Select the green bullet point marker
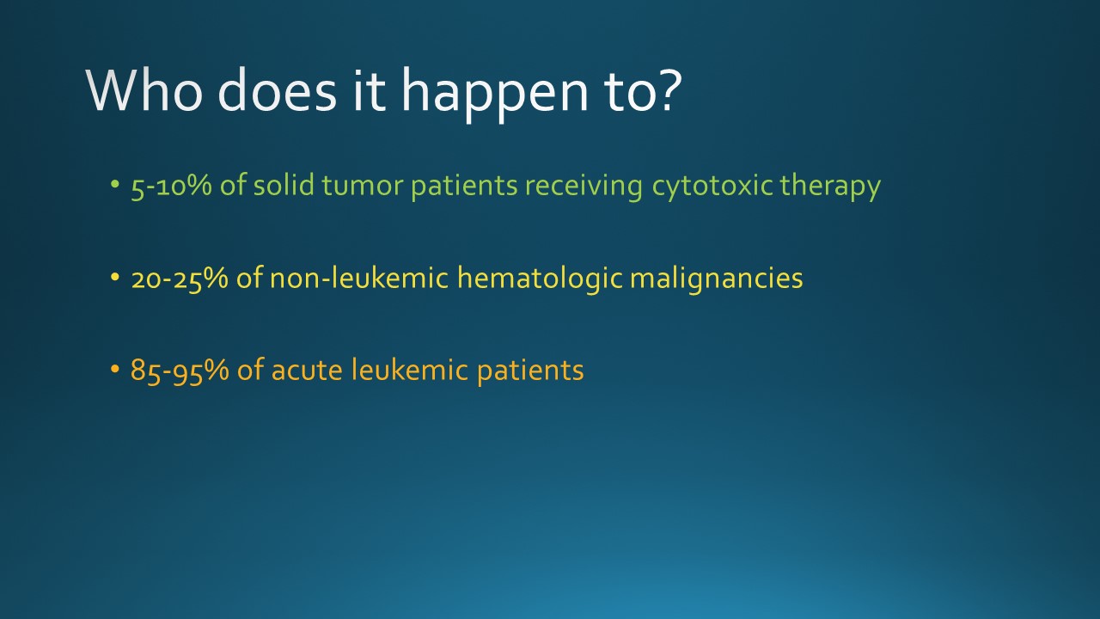pyautogui.click(x=115, y=186)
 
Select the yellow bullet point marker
pyautogui.click(x=115, y=279)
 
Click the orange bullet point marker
pyautogui.click(x=115, y=371)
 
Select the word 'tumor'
pyautogui.click(x=357, y=186)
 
